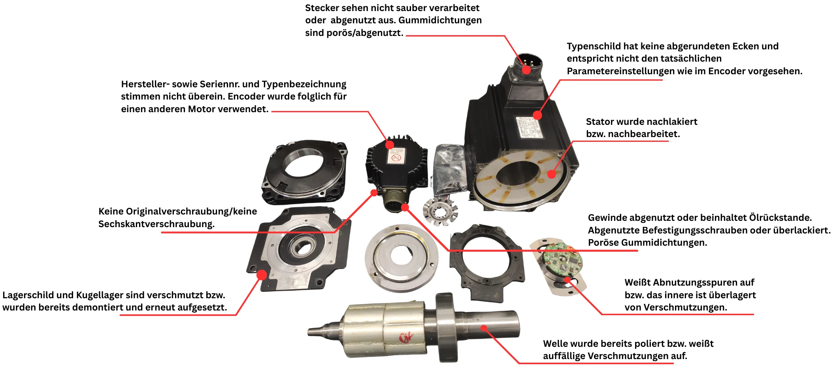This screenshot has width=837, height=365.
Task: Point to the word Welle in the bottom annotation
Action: point(555,344)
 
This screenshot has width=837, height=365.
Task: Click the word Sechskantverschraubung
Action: point(156,224)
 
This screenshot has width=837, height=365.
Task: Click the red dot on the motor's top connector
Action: point(526,70)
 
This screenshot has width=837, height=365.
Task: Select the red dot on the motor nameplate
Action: point(537,115)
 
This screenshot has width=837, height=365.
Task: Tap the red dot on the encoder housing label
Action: point(390,145)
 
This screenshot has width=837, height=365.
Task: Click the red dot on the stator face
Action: point(552,174)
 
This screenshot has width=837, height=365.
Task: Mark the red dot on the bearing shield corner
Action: point(262,275)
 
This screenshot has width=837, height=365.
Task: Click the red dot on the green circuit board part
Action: point(567,280)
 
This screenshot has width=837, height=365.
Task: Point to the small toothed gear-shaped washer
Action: point(440,212)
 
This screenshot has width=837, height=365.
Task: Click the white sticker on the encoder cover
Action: point(396,156)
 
